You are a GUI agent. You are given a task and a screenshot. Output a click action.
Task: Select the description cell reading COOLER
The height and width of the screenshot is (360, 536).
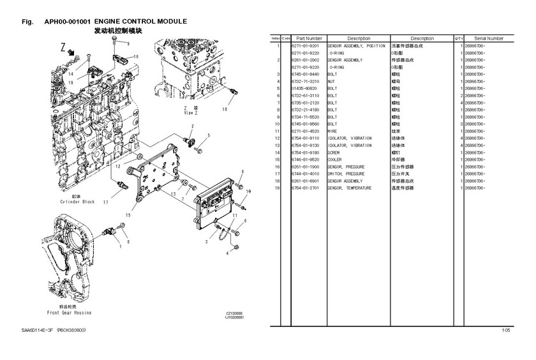[x=334, y=160]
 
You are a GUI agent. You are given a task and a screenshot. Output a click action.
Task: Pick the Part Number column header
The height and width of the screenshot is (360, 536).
[x=309, y=38]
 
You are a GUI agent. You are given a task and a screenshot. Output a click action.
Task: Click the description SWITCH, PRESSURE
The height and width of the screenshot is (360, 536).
[x=346, y=174]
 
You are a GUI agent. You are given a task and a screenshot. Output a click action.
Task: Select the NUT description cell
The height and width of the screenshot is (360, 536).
[x=331, y=81]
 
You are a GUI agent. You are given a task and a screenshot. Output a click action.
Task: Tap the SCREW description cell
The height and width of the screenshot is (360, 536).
[x=334, y=153]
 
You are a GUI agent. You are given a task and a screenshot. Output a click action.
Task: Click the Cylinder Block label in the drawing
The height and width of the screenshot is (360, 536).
[x=78, y=202]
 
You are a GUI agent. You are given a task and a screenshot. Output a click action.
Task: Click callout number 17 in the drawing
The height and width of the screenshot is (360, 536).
[x=105, y=202]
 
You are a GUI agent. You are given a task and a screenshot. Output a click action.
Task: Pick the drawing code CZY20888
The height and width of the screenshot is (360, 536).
[x=235, y=313]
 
